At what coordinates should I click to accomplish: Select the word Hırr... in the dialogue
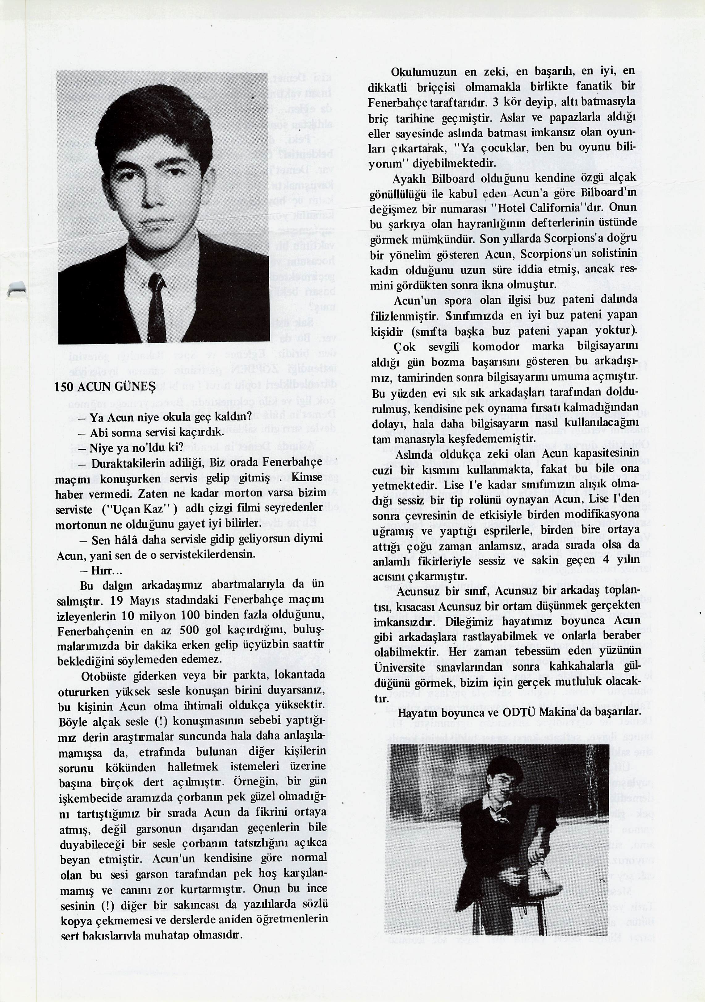tap(100, 571)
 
